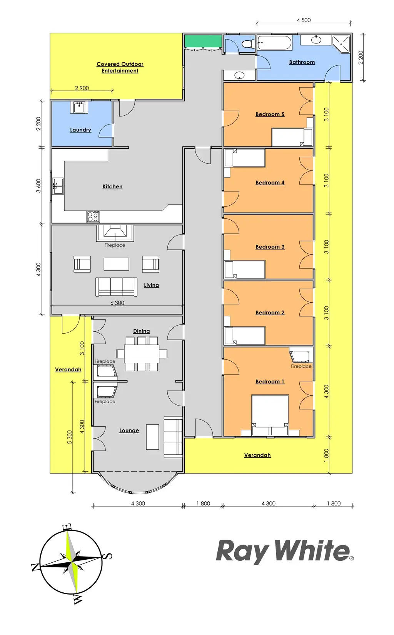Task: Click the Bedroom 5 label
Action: coord(270,114)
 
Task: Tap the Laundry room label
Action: coord(80,130)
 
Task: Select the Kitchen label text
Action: coord(112,186)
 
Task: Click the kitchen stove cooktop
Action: coord(93,217)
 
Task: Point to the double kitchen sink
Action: coord(58,186)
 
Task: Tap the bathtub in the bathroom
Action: coord(274,43)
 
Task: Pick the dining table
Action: coord(142,354)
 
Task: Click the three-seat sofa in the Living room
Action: coord(116,287)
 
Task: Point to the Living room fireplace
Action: coord(115,233)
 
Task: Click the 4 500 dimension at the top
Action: coord(304,20)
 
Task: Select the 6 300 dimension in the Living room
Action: coord(117,303)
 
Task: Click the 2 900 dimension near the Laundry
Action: coord(82,88)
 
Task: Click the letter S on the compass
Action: coord(109,556)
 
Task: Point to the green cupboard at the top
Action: coord(203,41)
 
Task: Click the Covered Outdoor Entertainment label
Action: coord(120,67)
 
